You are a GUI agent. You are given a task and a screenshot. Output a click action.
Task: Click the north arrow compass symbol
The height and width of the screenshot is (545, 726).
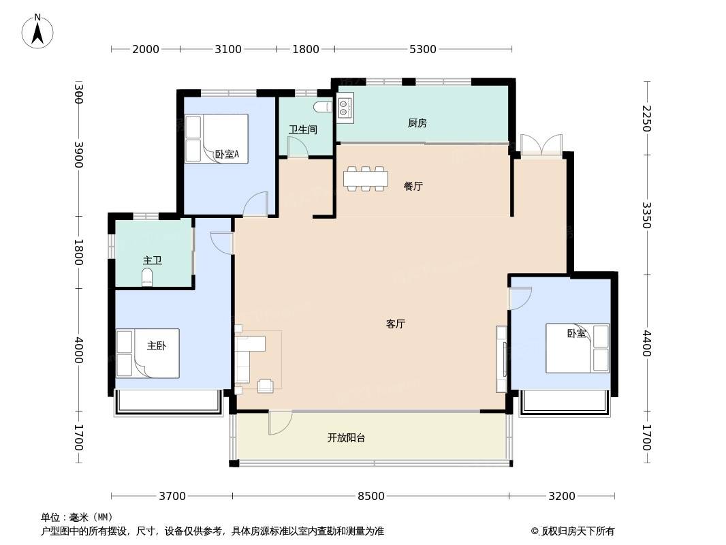pyautogui.click(x=37, y=31)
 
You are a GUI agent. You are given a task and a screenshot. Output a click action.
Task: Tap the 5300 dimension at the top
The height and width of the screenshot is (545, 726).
pyautogui.click(x=423, y=49)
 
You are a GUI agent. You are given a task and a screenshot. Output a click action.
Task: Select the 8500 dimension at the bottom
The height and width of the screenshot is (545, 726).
pyautogui.click(x=371, y=496)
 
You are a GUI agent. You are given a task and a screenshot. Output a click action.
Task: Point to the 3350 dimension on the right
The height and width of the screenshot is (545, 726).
pyautogui.click(x=647, y=215)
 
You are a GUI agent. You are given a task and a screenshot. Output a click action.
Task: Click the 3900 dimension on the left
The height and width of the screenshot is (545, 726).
pyautogui.click(x=79, y=154)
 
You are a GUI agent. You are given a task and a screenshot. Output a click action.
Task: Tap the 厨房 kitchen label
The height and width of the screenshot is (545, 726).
pyautogui.click(x=417, y=123)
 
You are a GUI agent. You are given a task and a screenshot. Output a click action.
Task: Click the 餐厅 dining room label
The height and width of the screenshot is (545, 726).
pyautogui.click(x=413, y=186)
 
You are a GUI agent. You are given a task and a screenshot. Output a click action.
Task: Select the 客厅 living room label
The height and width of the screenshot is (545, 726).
pyautogui.click(x=396, y=324)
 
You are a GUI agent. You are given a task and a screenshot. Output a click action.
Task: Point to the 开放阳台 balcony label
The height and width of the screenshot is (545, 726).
pyautogui.click(x=347, y=437)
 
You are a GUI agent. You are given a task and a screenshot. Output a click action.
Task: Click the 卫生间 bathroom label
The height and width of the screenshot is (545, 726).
pyautogui.click(x=303, y=129)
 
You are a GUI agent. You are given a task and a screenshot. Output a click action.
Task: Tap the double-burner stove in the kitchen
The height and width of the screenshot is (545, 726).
pyautogui.click(x=345, y=108)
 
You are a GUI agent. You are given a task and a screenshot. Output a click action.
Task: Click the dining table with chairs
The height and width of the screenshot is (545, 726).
pyautogui.click(x=366, y=178)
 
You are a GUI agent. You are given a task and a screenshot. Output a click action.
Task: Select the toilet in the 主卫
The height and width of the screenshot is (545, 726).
pyautogui.click(x=147, y=277)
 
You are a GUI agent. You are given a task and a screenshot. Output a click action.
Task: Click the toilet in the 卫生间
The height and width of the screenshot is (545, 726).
pyautogui.click(x=323, y=107)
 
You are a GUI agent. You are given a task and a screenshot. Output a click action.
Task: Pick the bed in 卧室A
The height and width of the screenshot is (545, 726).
pyautogui.click(x=216, y=139)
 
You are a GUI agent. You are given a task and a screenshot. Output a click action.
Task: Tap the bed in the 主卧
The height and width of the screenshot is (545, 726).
pyautogui.click(x=147, y=354)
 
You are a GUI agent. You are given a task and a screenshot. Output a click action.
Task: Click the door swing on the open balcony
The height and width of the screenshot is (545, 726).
pyautogui.click(x=280, y=422)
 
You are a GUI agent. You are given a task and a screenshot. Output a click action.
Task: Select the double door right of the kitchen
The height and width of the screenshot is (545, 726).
pyautogui.click(x=541, y=144)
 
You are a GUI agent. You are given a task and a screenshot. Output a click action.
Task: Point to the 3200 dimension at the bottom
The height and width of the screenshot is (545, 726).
pyautogui.click(x=562, y=496)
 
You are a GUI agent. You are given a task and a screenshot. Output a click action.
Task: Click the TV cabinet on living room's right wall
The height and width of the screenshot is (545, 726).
pyautogui.click(x=501, y=359)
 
